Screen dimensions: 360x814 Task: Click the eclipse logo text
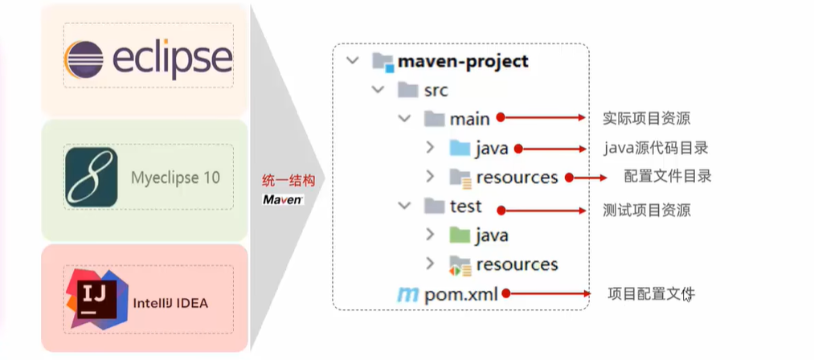[174, 59]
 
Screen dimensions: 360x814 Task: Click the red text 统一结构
[282, 181]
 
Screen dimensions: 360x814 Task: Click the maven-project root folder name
[464, 61]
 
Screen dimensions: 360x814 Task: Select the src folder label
[436, 89]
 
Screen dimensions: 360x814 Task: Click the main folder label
[469, 119]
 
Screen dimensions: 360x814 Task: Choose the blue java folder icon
[460, 148]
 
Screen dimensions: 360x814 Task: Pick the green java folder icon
[460, 235]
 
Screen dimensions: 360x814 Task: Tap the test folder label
[466, 207]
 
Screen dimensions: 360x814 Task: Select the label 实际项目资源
[647, 119]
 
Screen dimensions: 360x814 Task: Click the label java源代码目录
[656, 148]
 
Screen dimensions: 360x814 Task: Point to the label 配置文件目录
[668, 176]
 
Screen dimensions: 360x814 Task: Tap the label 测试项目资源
[647, 211]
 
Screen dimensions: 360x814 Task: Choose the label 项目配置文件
[652, 294]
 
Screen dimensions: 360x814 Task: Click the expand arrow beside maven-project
[352, 61]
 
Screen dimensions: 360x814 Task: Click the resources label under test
[517, 264]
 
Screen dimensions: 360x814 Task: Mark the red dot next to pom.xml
[508, 294]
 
